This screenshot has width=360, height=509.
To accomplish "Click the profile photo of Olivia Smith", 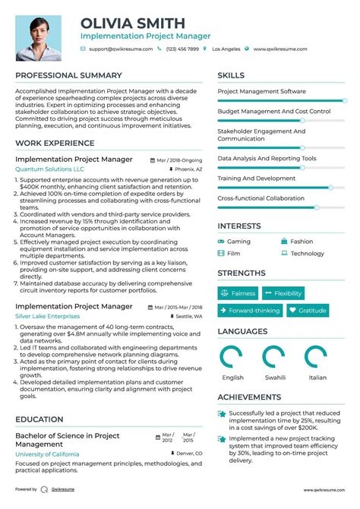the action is click(x=39, y=37).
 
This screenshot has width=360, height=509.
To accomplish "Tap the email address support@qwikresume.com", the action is click(x=121, y=49).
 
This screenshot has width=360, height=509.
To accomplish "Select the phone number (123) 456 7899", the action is click(x=182, y=49).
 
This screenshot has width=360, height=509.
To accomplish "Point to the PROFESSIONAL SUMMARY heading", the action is click(x=68, y=75).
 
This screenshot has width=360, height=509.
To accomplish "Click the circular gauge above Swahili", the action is click(x=274, y=357).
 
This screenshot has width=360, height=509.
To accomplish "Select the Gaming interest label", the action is click(x=238, y=242).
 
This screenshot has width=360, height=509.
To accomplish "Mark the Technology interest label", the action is click(x=307, y=254).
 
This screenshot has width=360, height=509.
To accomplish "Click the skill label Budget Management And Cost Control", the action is click(x=273, y=112).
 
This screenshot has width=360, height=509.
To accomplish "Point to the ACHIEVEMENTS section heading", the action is click(x=249, y=397).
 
